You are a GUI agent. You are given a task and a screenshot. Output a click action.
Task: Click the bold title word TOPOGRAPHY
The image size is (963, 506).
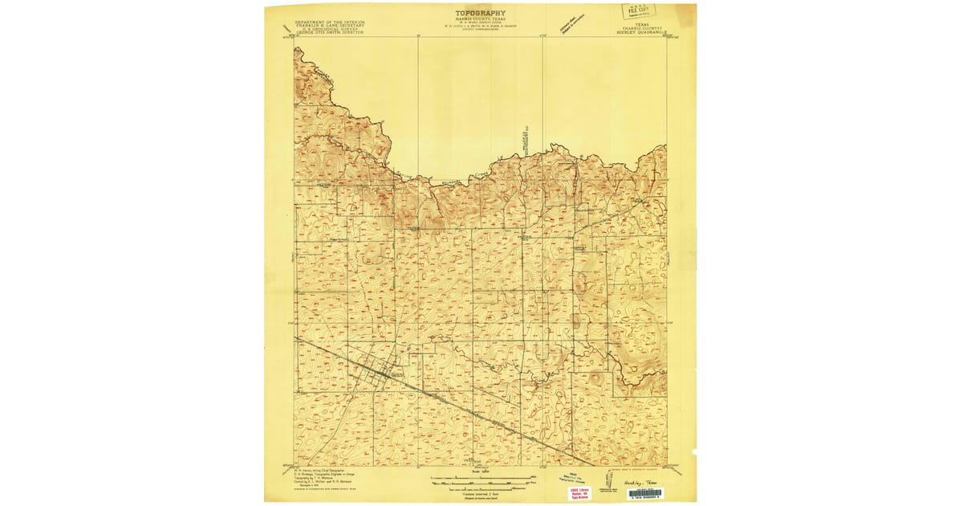(x=480, y=13)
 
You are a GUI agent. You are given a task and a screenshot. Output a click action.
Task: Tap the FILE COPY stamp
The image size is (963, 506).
(x=638, y=11)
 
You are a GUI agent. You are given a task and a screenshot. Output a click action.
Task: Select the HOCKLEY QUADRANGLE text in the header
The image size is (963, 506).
(x=639, y=34)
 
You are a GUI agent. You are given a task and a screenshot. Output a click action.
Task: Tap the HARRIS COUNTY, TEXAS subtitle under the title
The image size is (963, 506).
(x=480, y=20)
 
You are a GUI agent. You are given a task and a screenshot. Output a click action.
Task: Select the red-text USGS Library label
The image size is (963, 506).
(x=579, y=492)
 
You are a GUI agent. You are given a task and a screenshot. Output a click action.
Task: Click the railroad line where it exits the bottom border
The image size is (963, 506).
(x=592, y=464)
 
